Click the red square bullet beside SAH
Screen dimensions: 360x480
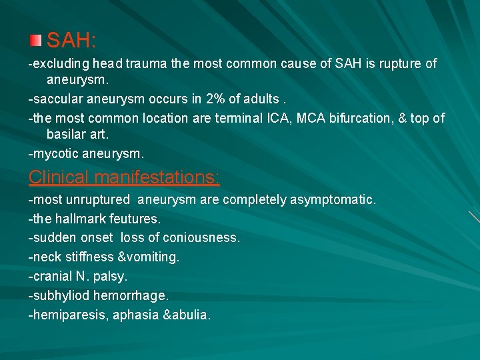36,41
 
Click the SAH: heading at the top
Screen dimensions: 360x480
72,41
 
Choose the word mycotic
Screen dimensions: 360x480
57,153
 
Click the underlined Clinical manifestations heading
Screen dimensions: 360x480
124,177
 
